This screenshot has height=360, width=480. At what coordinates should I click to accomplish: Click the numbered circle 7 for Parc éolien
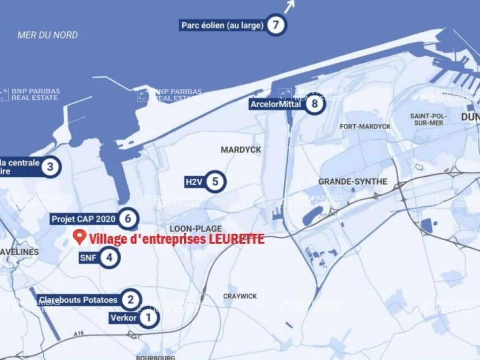pyautogui.click(x=276, y=25)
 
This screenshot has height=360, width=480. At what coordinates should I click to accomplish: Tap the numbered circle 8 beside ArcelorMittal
pyautogui.click(x=314, y=104)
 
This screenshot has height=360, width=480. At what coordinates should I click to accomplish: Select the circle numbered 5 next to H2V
pyautogui.click(x=215, y=182)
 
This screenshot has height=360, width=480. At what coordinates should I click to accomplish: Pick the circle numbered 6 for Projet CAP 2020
pyautogui.click(x=128, y=218)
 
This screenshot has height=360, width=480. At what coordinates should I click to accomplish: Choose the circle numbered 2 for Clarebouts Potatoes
pyautogui.click(x=130, y=300)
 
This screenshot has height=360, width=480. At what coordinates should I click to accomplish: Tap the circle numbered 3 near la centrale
pyautogui.click(x=50, y=167)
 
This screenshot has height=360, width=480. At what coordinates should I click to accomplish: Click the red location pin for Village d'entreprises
pyautogui.click(x=79, y=237)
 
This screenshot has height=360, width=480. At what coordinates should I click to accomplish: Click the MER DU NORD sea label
pyautogui.click(x=48, y=35)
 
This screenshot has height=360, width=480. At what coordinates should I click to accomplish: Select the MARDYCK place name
pyautogui.click(x=241, y=150)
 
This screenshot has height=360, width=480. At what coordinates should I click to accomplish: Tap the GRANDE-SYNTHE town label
pyautogui.click(x=352, y=182)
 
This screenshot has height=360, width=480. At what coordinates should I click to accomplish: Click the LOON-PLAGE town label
pyautogui.click(x=196, y=228)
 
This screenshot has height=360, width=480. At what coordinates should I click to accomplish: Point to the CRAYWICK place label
pyautogui.click(x=240, y=296)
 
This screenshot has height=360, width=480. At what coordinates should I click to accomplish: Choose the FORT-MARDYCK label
pyautogui.click(x=365, y=126)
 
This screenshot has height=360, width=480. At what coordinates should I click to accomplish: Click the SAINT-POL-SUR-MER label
pyautogui.click(x=428, y=119)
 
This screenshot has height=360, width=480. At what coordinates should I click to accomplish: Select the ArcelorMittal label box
pyautogui.click(x=276, y=104)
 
